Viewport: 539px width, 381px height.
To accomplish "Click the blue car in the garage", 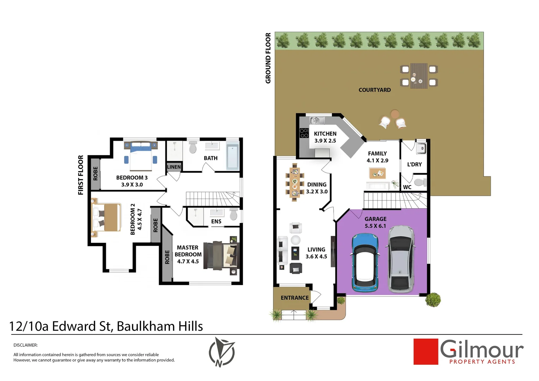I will pos(365,263).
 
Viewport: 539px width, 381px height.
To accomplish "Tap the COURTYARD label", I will pos(374,90).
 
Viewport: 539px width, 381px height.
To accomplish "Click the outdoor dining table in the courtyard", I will pos(419,75).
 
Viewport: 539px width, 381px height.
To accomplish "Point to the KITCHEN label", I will pos(325,134).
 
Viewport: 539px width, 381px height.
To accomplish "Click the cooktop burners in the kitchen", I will pos(304,133).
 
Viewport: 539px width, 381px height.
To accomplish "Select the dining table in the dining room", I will pos(294,182).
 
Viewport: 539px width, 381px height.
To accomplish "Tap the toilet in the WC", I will pos(420,182).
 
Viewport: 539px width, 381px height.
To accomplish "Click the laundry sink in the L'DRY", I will pos(421,149).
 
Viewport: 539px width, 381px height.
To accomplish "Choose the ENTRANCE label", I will pos(295,298).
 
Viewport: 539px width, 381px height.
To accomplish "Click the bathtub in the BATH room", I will pos(232,156).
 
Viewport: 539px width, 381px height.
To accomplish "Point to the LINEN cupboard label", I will pos(174,167).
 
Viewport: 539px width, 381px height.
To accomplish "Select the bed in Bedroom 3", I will pos(141,156).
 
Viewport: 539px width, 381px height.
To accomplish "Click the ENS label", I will pos(216,222).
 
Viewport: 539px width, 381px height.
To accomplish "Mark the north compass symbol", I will pos(222,352).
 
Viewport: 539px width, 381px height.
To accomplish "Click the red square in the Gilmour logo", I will pos(425,351).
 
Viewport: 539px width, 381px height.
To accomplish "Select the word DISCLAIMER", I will pos(25,345).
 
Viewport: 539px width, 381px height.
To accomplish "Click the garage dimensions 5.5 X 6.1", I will pos(375,226).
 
